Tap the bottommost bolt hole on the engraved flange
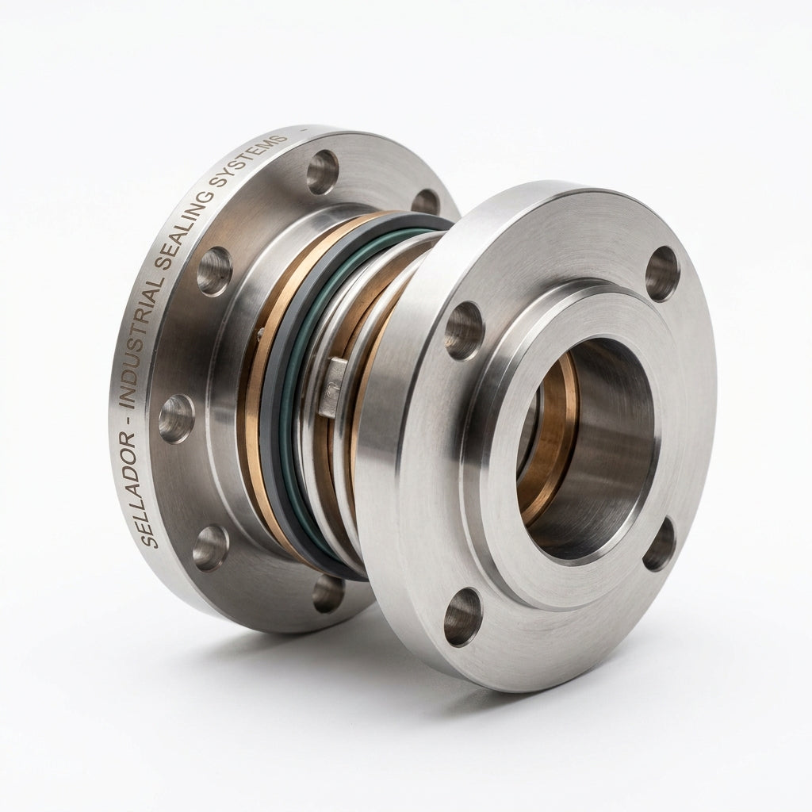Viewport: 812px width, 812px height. pyautogui.click(x=327, y=592)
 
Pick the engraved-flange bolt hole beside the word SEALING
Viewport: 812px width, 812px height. pyautogui.click(x=214, y=271)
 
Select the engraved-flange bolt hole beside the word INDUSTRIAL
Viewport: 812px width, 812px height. pyautogui.click(x=176, y=419)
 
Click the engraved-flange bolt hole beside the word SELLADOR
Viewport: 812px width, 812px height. pyautogui.click(x=210, y=548)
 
